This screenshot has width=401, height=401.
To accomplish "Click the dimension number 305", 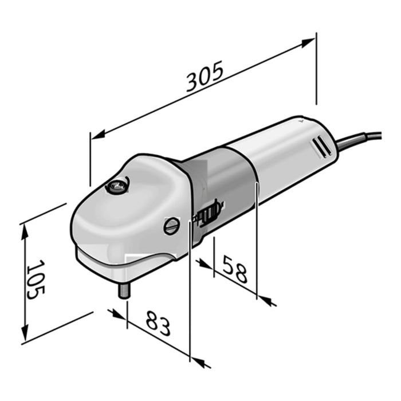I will (x=205, y=77).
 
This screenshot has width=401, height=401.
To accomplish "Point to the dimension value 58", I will (x=235, y=270).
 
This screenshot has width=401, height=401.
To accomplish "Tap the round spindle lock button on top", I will (x=117, y=186).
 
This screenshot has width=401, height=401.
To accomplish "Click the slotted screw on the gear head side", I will (x=171, y=226).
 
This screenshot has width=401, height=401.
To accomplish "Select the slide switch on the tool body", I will (x=207, y=212).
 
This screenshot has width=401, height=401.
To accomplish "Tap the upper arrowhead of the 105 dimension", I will (x=25, y=229).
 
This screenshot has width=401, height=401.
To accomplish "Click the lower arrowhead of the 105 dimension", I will (x=25, y=335).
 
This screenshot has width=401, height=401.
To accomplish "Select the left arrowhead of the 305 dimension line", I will (x=96, y=136).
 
